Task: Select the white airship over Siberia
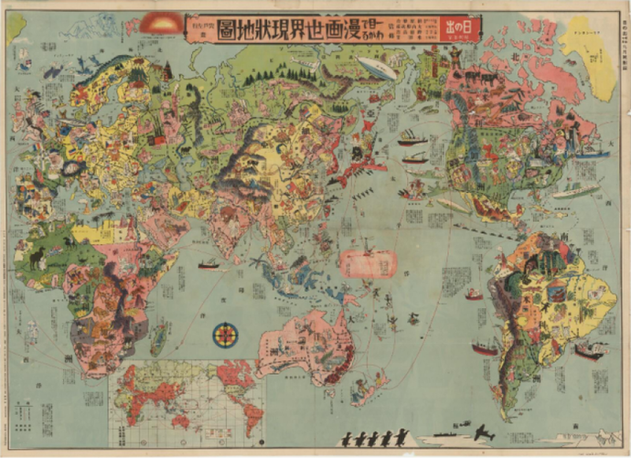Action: pos(378,69)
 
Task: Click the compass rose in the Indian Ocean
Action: pos(225,335)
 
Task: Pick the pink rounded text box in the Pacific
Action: pos(369,264)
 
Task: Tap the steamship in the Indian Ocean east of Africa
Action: pos(209,265)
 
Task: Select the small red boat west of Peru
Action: pos(474,294)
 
